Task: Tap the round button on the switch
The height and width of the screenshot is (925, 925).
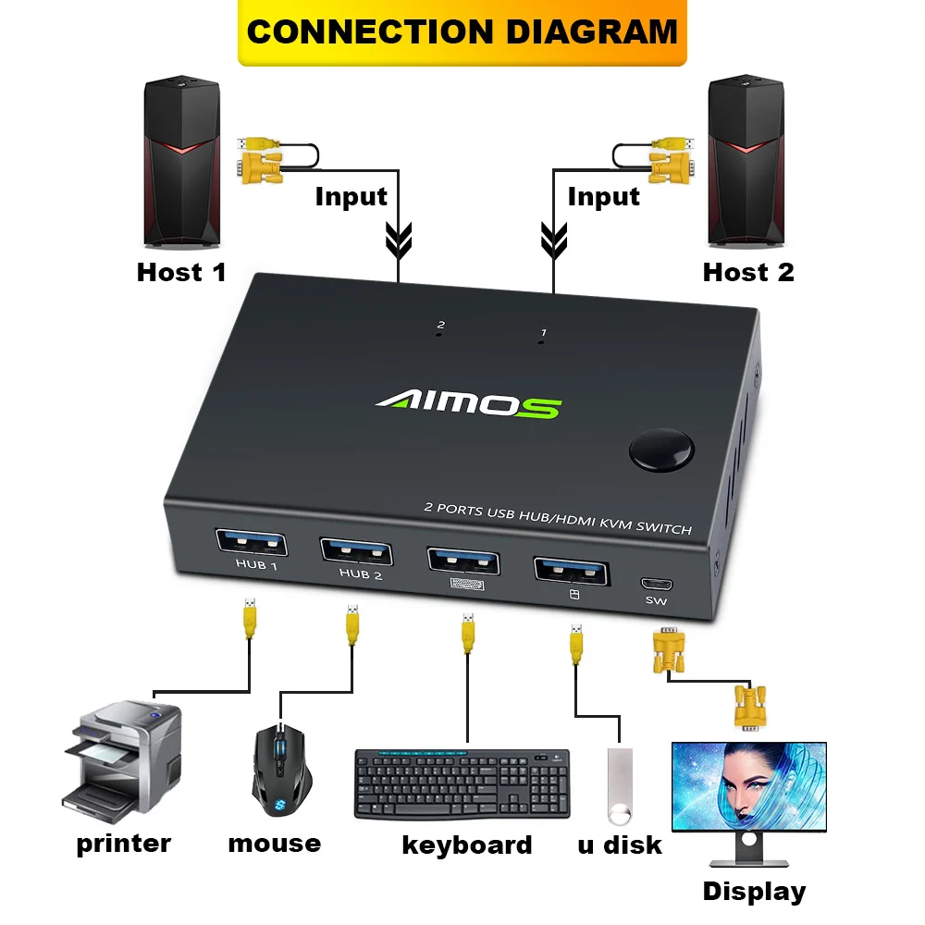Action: (661, 450)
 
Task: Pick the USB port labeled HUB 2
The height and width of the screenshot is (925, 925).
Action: (355, 551)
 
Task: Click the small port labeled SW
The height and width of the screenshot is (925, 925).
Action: (656, 585)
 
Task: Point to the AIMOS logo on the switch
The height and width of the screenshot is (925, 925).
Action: (467, 404)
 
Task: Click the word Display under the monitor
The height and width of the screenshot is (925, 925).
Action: (754, 892)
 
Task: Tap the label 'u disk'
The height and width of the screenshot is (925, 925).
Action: (620, 844)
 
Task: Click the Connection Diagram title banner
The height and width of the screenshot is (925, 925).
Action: (462, 31)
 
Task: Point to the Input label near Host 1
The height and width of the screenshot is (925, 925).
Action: (351, 196)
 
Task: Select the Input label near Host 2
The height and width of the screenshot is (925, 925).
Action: (603, 196)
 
